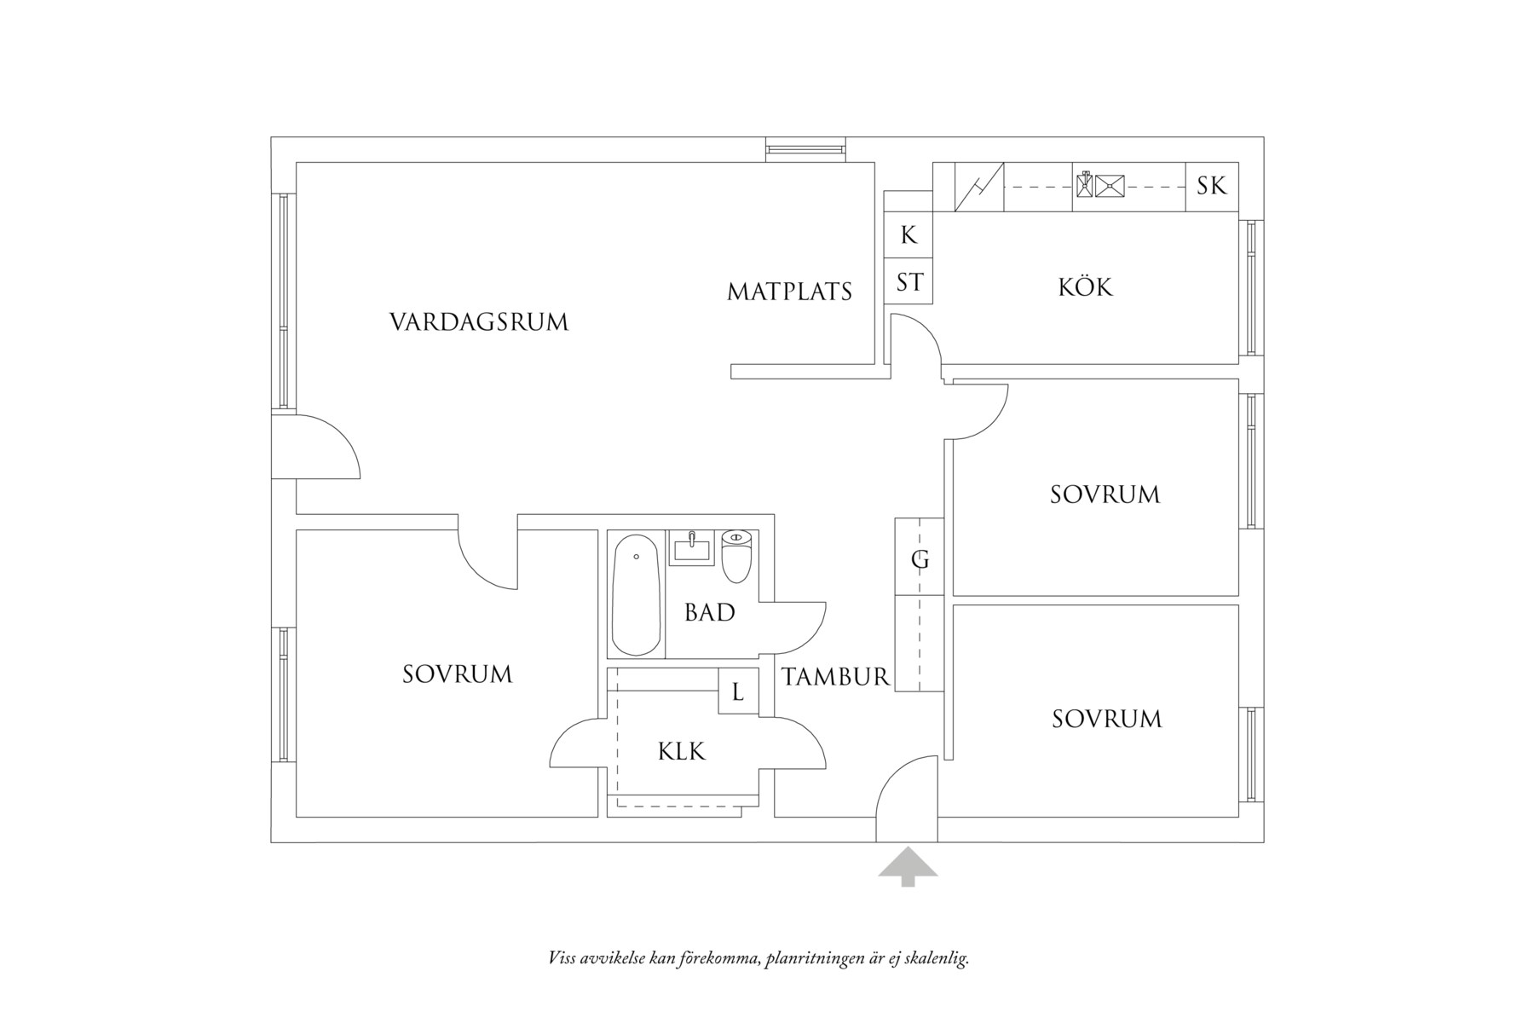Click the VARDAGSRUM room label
point(479,322)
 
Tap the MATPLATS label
point(789,292)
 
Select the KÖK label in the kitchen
point(1085,287)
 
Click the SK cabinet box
point(1211,186)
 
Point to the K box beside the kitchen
point(908,235)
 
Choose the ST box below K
point(908,282)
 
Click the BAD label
point(709,613)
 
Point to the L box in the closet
point(738,692)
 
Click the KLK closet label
point(682,752)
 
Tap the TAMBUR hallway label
point(835,678)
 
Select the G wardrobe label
point(920,560)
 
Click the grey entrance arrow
point(908,865)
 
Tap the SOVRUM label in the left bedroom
point(457,674)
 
